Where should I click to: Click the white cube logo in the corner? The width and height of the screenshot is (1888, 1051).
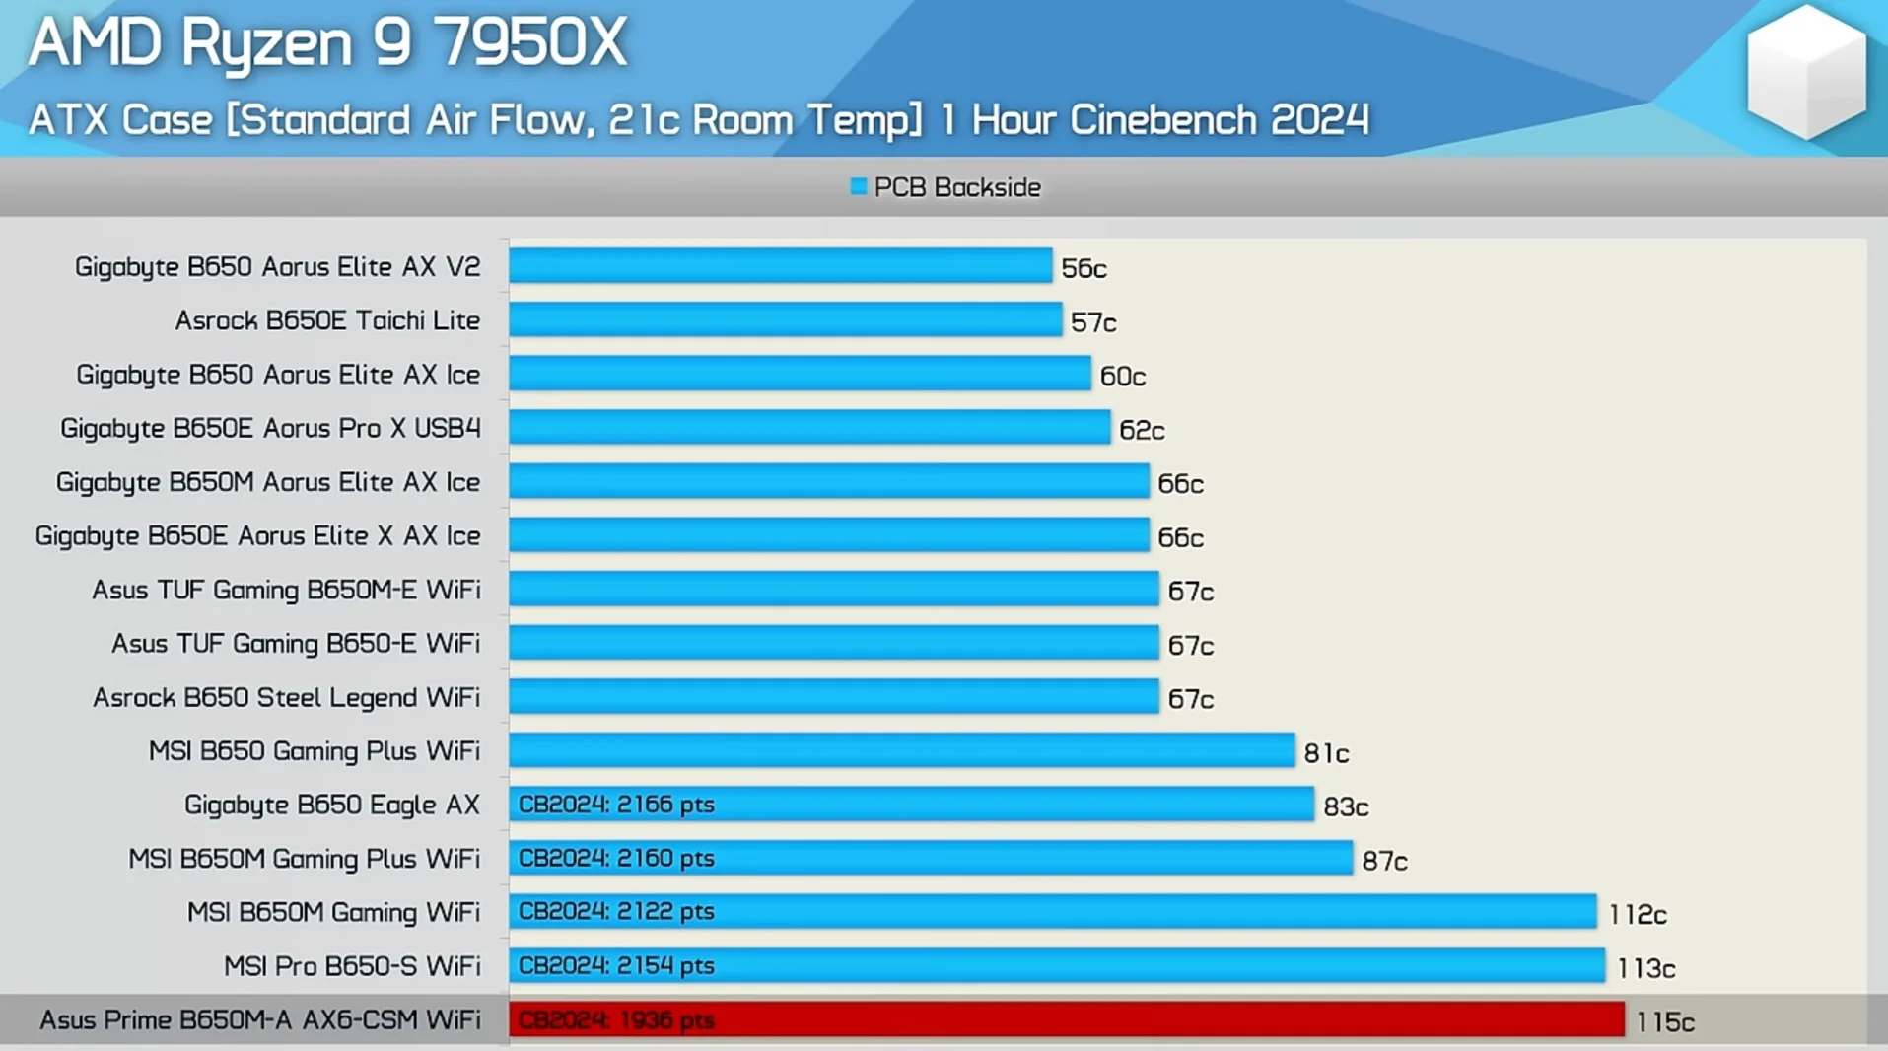click(1805, 72)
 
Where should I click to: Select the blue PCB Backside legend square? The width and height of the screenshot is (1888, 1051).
click(858, 186)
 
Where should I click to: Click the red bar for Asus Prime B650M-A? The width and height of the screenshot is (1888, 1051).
click(1066, 1019)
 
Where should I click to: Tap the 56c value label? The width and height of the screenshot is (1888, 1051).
click(1084, 268)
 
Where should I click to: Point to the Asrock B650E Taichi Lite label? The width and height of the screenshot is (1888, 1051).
click(327, 320)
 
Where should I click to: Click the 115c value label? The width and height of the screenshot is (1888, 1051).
click(1664, 1022)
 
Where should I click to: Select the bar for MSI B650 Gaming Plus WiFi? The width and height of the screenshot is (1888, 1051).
click(901, 750)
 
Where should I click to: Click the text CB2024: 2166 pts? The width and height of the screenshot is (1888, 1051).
click(616, 805)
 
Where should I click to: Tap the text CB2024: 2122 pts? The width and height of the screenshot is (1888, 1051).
click(616, 912)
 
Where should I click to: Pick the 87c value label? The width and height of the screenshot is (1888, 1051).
click(1384, 862)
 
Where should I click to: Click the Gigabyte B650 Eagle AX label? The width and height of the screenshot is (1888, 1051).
click(331, 805)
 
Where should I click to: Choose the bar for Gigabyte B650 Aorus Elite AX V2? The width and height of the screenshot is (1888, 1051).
click(780, 266)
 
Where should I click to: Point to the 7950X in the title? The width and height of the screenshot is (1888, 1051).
click(529, 42)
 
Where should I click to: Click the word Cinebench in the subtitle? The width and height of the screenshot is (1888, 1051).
click(1162, 120)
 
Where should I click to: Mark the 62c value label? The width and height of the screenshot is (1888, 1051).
click(1142, 430)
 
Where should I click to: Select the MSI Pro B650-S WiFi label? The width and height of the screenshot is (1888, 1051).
click(352, 966)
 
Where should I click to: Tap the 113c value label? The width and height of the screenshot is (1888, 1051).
click(1645, 969)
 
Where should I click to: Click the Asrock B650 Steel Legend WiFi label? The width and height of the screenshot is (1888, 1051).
click(286, 698)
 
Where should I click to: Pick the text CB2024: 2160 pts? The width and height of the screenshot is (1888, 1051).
click(616, 859)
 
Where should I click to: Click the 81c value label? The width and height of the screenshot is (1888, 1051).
click(1326, 754)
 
